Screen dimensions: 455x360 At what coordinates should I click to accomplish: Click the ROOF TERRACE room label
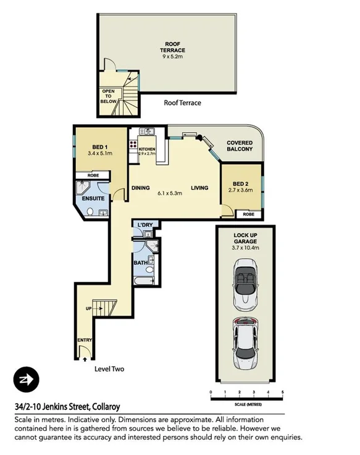coord(171,46)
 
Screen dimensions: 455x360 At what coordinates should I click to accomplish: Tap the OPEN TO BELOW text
coord(108,97)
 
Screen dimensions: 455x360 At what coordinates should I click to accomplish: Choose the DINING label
coord(142,188)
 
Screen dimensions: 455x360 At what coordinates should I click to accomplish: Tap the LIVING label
coord(199,188)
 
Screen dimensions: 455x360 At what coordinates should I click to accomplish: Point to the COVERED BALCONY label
coord(240,146)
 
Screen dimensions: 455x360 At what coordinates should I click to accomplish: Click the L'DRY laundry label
coord(146,224)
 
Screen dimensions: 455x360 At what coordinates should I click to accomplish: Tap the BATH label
coord(140,263)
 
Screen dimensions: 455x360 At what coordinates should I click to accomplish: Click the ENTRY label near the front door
coord(84,341)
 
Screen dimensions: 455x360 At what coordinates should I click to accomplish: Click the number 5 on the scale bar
coord(282,392)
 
